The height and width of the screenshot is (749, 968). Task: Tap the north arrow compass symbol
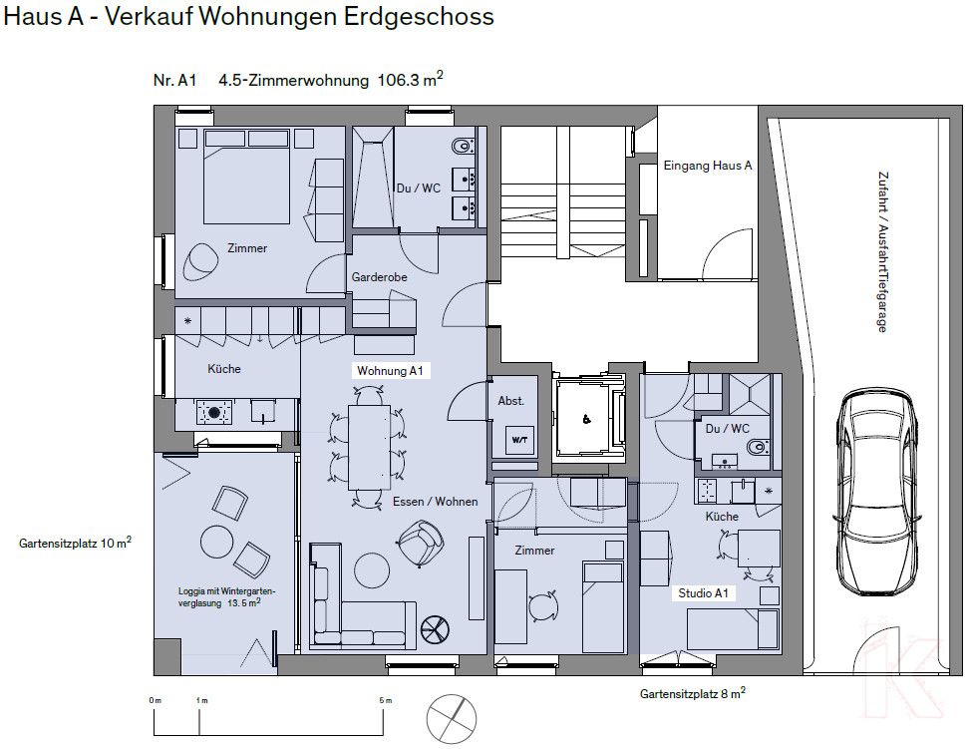coord(450,716)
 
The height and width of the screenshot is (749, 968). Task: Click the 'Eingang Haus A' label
coord(707,166)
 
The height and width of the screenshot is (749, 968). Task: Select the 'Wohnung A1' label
coord(391,371)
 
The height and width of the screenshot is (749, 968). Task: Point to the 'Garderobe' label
coord(378,277)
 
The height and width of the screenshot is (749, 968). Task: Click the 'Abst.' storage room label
coord(510,400)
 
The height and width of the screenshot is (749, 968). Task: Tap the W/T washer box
coord(519,439)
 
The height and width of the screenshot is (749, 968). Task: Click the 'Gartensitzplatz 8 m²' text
coord(693,692)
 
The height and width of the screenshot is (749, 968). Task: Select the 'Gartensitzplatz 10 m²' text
coord(75,544)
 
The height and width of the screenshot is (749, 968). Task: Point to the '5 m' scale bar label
coord(385,701)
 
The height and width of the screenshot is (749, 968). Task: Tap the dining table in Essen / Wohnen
coord(369,446)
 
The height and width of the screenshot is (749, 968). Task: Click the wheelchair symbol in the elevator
coord(586,419)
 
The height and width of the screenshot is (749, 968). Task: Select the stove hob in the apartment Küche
coord(213,411)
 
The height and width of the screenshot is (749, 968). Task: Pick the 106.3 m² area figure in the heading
coord(410,82)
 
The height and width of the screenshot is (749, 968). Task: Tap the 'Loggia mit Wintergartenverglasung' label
coord(219,596)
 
